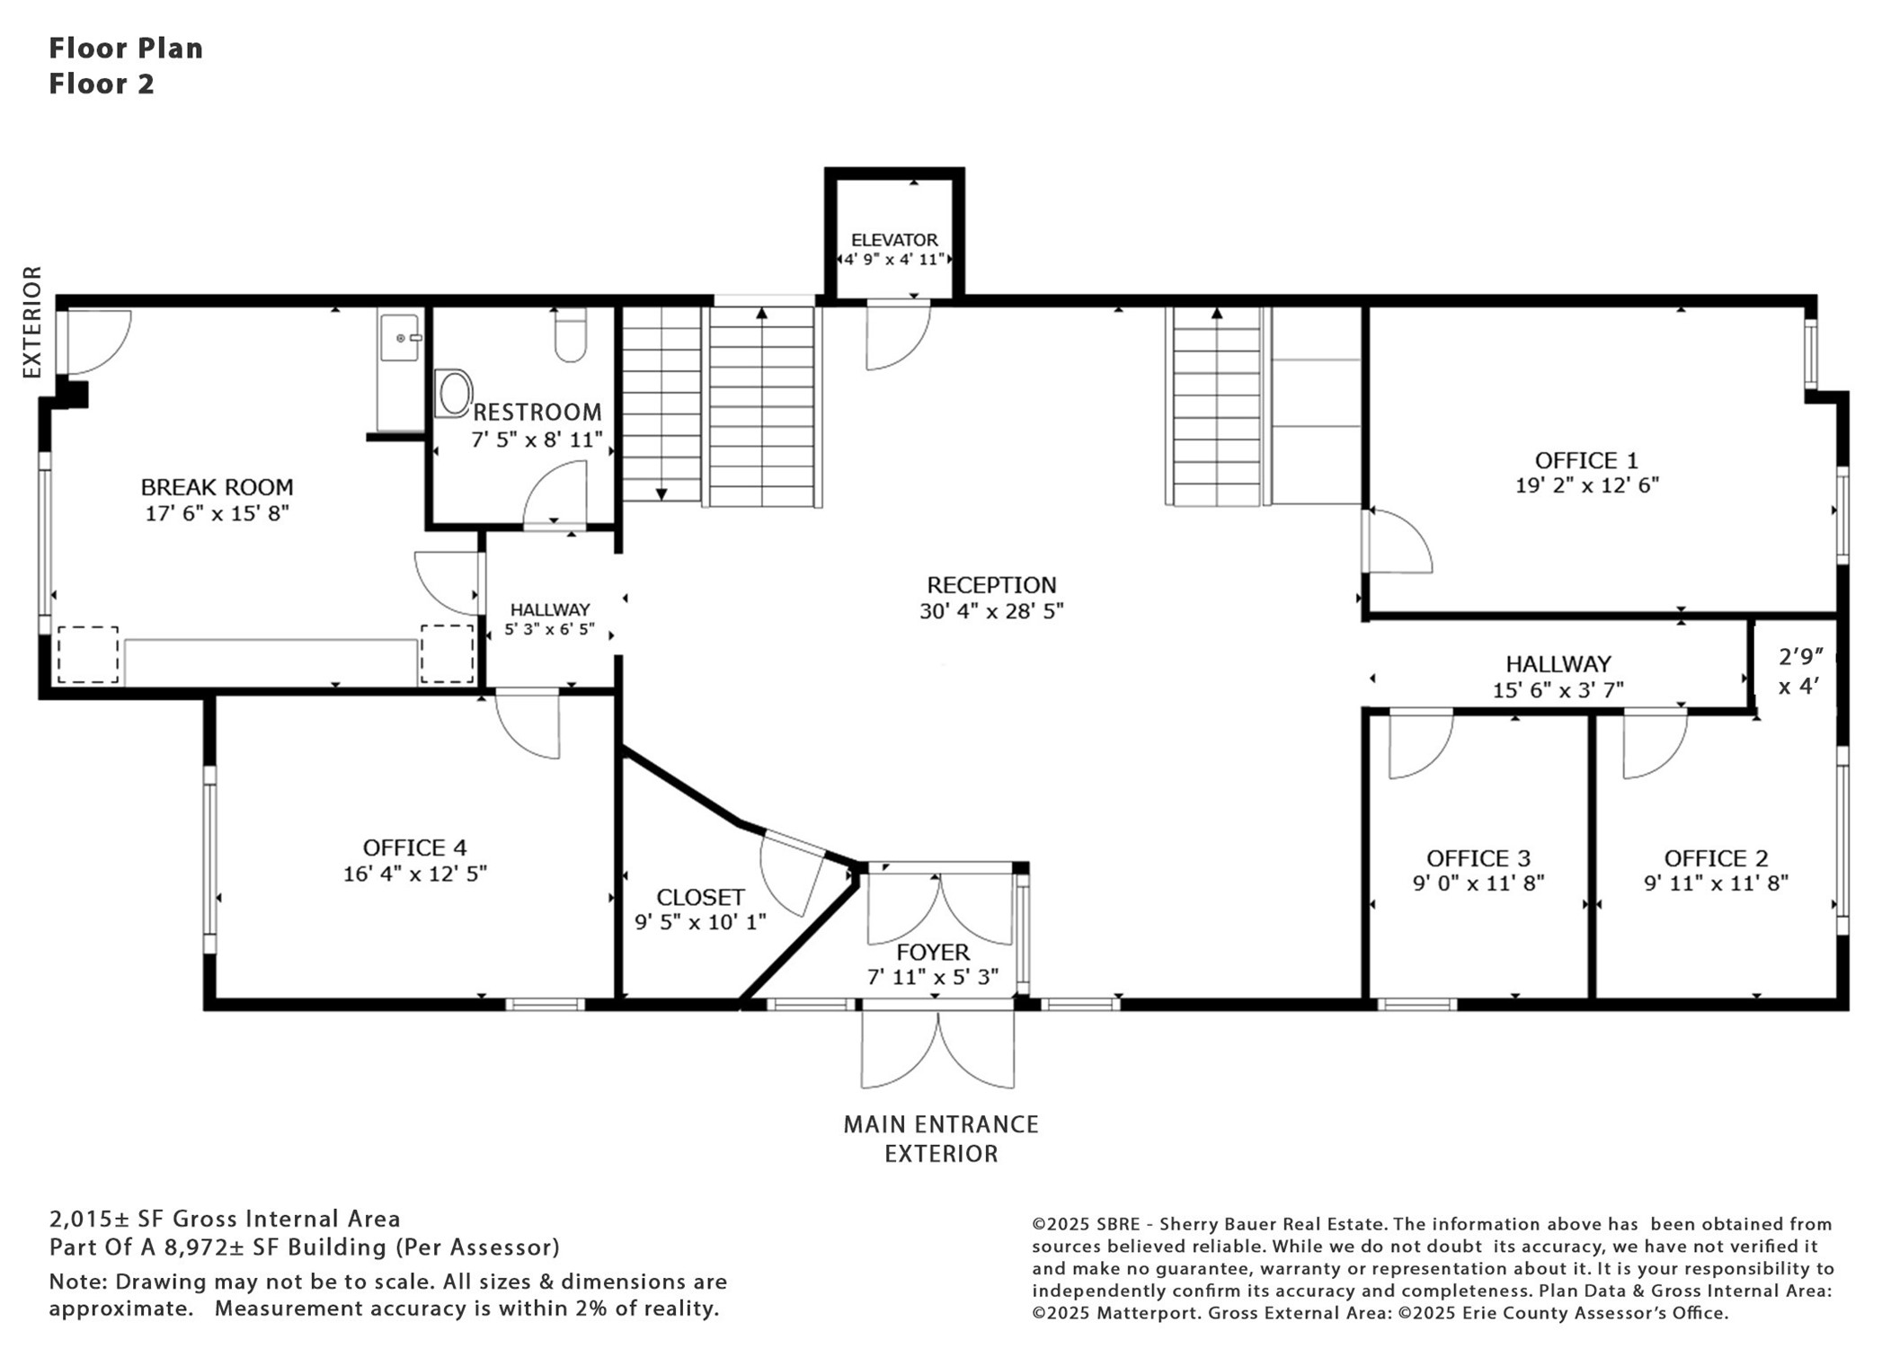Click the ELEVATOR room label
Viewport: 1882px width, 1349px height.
pos(894,240)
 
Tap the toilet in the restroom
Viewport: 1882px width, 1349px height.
pos(571,334)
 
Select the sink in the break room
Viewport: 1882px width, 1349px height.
pos(399,337)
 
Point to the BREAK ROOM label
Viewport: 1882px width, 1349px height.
pos(217,487)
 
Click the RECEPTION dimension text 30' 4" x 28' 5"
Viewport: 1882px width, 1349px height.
pos(991,611)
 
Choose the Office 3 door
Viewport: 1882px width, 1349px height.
pos(1421,743)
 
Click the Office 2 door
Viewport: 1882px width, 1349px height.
pos(1655,743)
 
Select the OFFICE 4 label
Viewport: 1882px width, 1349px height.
pos(414,848)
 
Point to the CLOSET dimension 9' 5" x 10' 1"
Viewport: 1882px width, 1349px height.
pos(700,922)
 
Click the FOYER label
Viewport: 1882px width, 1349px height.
pos(933,952)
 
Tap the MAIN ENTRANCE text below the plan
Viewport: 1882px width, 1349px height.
pos(941,1124)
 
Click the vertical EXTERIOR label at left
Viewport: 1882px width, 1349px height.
pos(32,322)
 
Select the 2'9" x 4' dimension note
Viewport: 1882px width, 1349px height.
pos(1800,671)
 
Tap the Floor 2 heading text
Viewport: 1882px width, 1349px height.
pos(102,84)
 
